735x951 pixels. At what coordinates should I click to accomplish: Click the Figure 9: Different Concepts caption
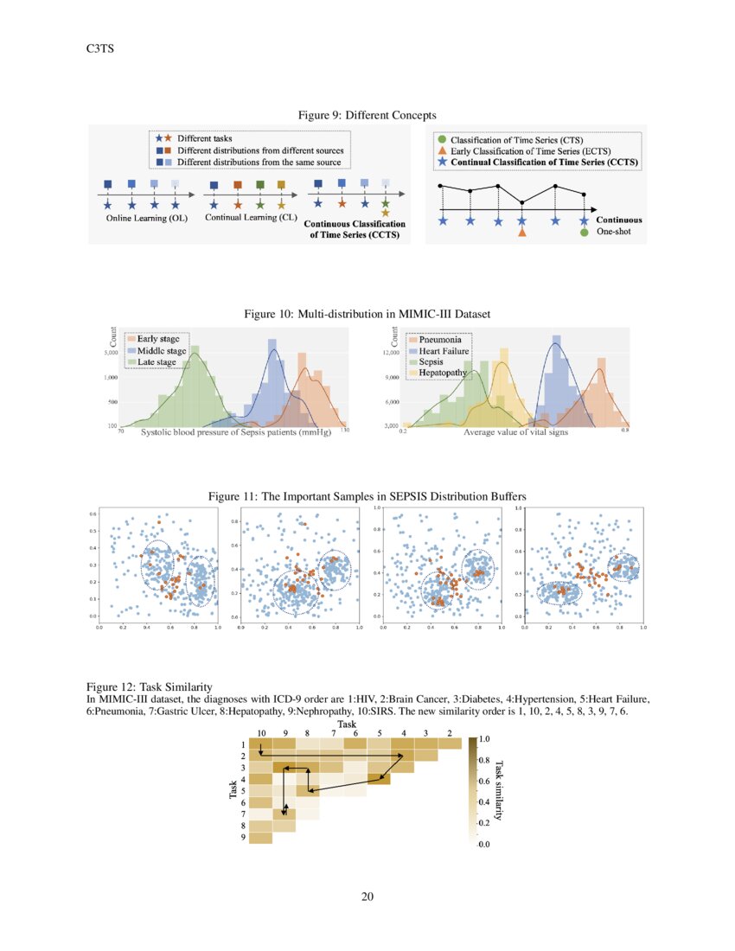367,115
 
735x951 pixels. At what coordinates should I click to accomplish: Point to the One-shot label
614,232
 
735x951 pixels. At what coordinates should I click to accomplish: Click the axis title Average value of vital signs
515,431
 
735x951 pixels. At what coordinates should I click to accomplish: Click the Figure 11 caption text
367,495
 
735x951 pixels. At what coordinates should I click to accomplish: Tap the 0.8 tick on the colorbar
484,760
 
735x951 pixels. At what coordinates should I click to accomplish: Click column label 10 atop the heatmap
261,733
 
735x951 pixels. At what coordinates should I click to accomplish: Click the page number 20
367,896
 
